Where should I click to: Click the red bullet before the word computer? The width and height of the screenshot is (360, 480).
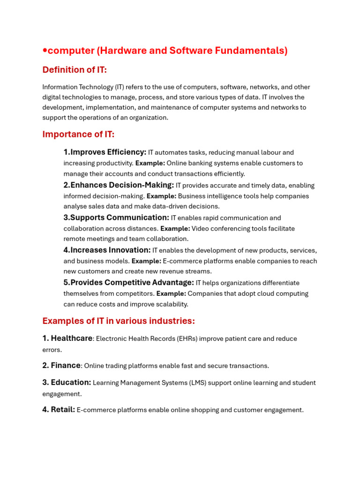coord(45,51)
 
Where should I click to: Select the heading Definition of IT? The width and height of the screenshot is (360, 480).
coord(75,70)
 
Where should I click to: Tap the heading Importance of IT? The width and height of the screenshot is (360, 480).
coord(78,134)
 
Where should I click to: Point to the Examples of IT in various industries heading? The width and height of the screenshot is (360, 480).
coord(119,321)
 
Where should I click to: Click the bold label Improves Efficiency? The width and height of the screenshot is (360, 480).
coord(105,152)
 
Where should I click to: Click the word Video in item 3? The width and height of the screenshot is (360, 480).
coord(201,228)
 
